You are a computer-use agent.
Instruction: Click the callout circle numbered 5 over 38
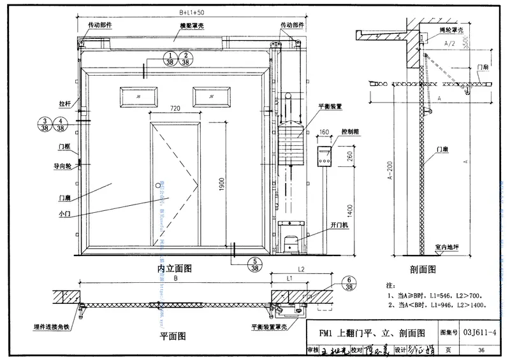coord(255,264)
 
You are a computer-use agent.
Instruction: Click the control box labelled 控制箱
coord(325,157)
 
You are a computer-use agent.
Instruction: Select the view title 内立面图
coord(174,269)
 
